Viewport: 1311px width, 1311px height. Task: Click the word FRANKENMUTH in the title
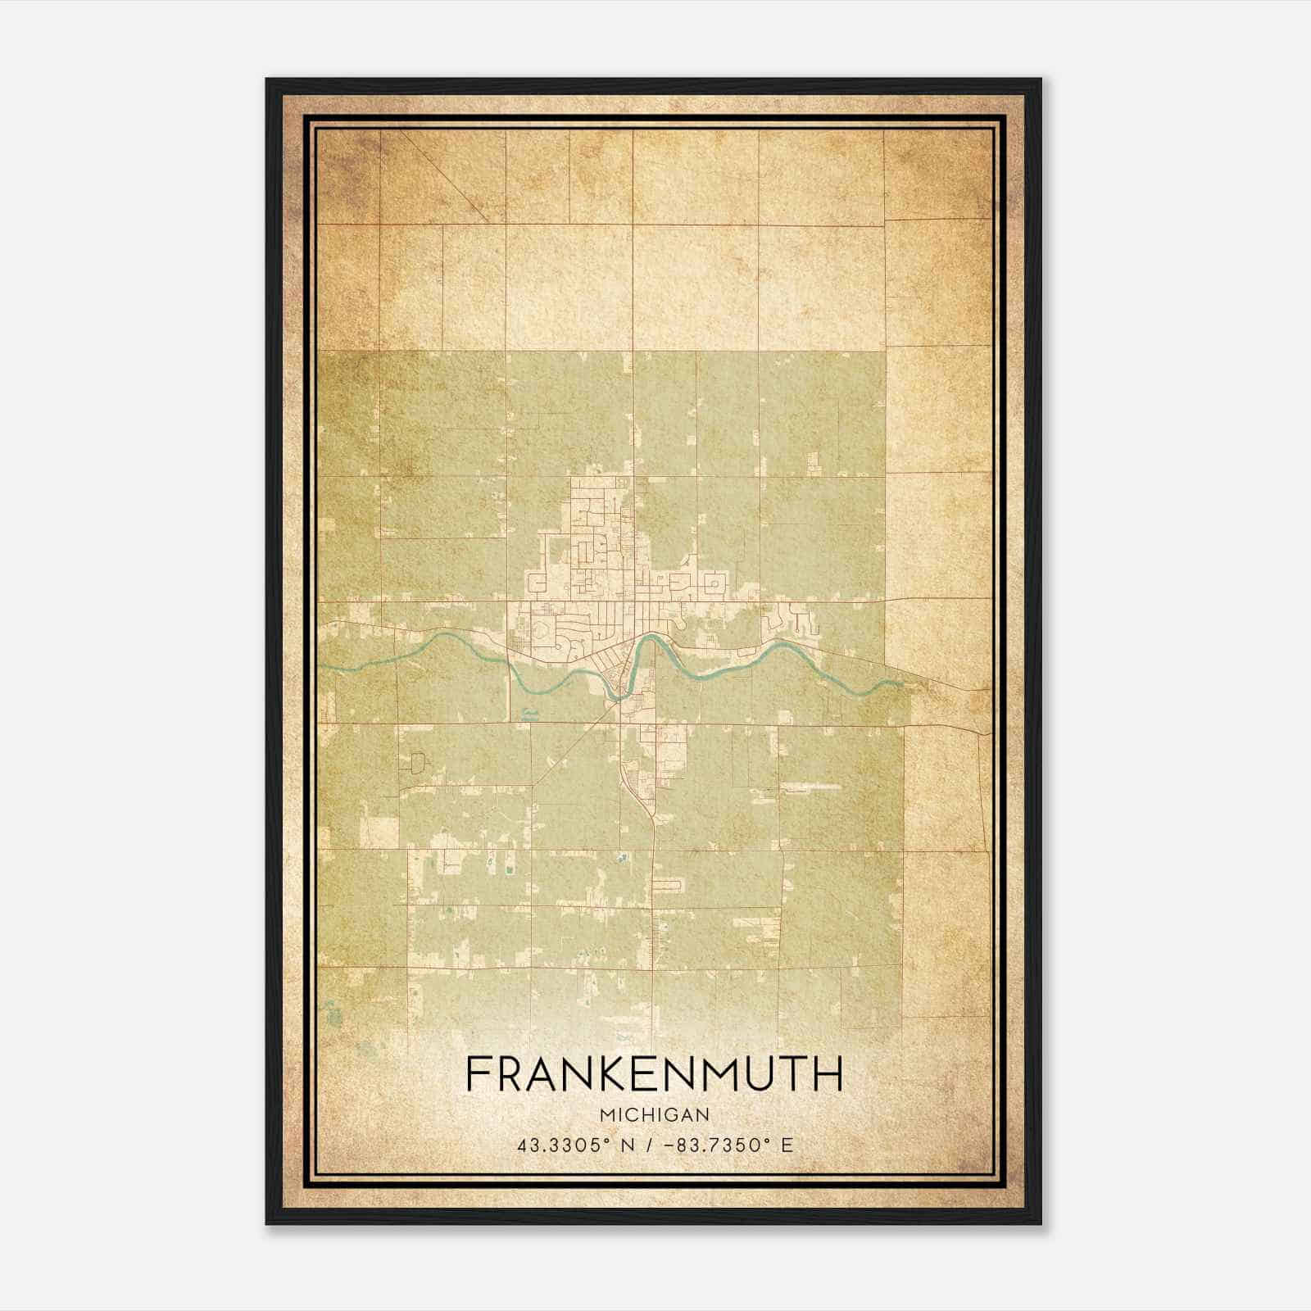tap(654, 1074)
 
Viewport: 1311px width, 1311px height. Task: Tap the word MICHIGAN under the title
tap(655, 1114)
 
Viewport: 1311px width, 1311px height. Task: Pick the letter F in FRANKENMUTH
tap(477, 1074)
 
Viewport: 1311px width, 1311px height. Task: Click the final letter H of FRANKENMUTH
tap(829, 1074)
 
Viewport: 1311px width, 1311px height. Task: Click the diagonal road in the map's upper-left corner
tap(447, 176)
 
